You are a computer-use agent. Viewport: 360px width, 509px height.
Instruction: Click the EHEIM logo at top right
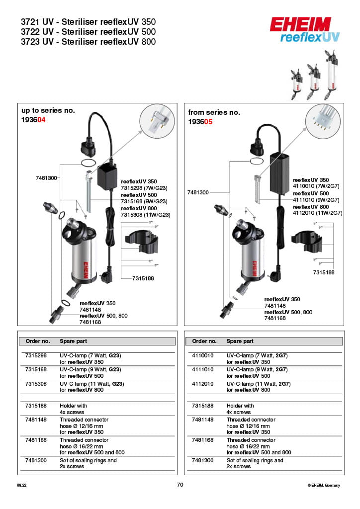pyautogui.click(x=300, y=23)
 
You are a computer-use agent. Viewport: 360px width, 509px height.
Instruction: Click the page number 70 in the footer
pyautogui.click(x=180, y=485)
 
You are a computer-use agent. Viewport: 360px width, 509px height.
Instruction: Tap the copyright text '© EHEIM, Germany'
pyautogui.click(x=324, y=485)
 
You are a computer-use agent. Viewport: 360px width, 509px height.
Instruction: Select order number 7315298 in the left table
pyautogui.click(x=36, y=356)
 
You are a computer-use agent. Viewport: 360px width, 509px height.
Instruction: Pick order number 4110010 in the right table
pyautogui.click(x=202, y=356)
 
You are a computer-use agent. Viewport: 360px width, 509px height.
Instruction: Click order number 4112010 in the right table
pyautogui.click(x=202, y=384)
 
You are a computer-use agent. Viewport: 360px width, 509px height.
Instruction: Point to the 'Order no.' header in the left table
pyautogui.click(x=38, y=341)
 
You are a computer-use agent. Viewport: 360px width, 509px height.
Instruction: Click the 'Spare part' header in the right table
pyautogui.click(x=240, y=341)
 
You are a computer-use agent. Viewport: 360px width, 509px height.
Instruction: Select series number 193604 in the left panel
pyautogui.click(x=33, y=120)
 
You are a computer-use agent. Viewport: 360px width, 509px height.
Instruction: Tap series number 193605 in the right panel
pyautogui.click(x=200, y=122)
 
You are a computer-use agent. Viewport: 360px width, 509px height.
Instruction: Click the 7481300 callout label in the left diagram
pyautogui.click(x=46, y=177)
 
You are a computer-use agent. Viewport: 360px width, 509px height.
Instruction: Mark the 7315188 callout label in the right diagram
pyautogui.click(x=324, y=272)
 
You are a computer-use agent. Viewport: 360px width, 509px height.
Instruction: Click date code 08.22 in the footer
pyautogui.click(x=22, y=485)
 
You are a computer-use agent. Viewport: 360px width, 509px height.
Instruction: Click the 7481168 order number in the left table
pyautogui.click(x=36, y=440)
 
